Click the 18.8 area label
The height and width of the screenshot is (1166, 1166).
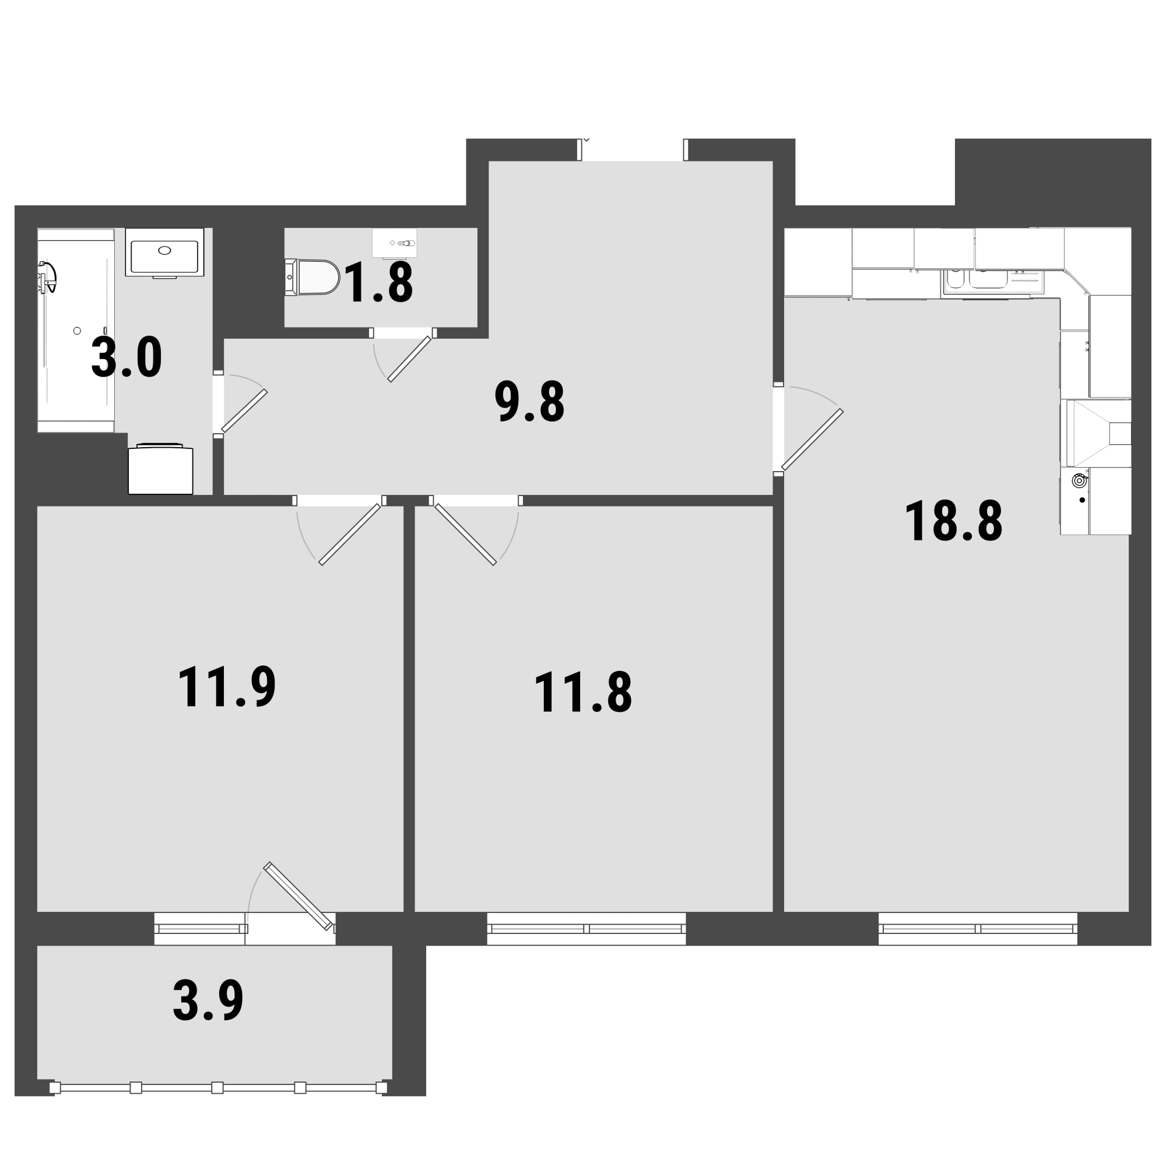(x=954, y=522)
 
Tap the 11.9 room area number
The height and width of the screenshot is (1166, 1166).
(x=227, y=687)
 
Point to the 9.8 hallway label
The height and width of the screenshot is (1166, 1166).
(x=529, y=401)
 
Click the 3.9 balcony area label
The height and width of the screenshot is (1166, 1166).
(x=208, y=1000)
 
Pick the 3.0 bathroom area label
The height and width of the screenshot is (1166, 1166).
(x=127, y=357)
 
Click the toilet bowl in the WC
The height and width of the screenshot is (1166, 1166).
(x=312, y=277)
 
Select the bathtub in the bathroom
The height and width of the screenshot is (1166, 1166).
(x=76, y=330)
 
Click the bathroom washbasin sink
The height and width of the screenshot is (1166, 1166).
(x=164, y=253)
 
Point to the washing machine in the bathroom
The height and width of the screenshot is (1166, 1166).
(x=160, y=469)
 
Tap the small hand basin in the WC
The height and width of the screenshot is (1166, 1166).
(x=395, y=243)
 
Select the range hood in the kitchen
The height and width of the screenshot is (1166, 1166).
(x=1095, y=433)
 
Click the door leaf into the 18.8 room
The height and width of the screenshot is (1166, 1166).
(x=812, y=440)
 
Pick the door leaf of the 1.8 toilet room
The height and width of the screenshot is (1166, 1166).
(x=410, y=359)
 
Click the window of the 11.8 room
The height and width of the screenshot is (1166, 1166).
(x=586, y=928)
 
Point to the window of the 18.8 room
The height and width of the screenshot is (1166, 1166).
(x=978, y=928)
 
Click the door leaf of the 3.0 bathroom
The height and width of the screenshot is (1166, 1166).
(x=244, y=411)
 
